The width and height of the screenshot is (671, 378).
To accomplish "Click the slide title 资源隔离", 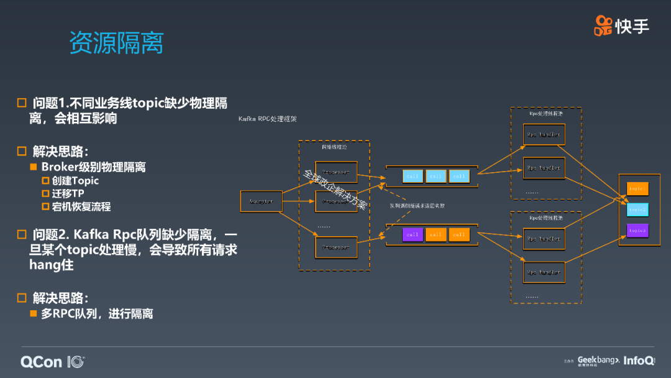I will [x=116, y=43].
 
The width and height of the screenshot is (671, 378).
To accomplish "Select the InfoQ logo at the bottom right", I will [x=639, y=361].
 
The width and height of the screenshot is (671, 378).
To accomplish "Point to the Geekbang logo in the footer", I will [x=598, y=361].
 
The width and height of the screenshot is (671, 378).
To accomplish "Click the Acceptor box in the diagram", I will [x=261, y=201].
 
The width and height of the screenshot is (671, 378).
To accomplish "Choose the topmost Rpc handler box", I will [x=544, y=134].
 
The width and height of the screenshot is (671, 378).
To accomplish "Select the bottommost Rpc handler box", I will [x=544, y=272].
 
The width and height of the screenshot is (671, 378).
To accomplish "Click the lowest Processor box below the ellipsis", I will [x=336, y=247].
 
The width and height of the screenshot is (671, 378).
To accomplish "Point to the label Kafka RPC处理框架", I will [x=268, y=118].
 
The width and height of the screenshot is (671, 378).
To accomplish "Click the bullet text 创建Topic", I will [x=75, y=181].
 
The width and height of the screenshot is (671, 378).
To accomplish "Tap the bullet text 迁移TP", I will [x=68, y=193].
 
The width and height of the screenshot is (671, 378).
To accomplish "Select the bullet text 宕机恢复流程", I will [x=81, y=206].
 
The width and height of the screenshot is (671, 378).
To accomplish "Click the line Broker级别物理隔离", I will [x=93, y=167].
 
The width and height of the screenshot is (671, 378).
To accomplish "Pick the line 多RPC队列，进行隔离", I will [x=97, y=314].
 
